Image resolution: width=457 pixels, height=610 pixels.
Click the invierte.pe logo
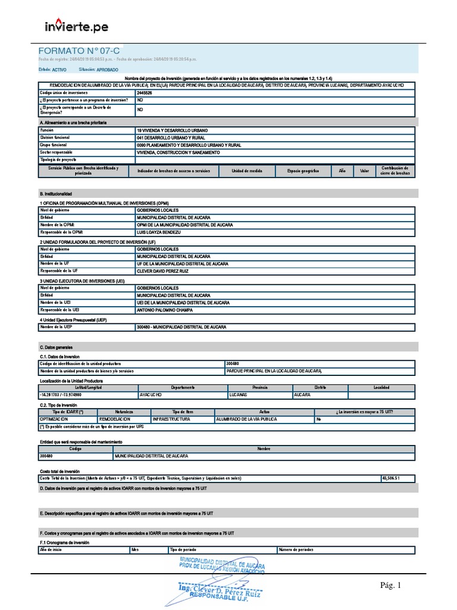(x=77, y=26)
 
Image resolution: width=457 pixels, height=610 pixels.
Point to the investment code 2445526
(x=144, y=94)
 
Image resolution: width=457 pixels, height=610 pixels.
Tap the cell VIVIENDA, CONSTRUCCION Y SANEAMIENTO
(x=178, y=152)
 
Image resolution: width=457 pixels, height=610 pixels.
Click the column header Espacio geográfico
(x=303, y=171)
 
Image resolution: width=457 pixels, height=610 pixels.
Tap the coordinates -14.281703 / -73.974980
(x=61, y=394)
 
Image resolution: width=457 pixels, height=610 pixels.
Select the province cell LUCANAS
(x=237, y=394)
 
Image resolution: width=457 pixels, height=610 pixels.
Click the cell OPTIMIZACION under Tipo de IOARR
(x=55, y=419)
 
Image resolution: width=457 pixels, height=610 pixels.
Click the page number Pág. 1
(x=391, y=586)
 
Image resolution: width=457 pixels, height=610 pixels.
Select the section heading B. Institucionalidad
(x=55, y=194)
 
